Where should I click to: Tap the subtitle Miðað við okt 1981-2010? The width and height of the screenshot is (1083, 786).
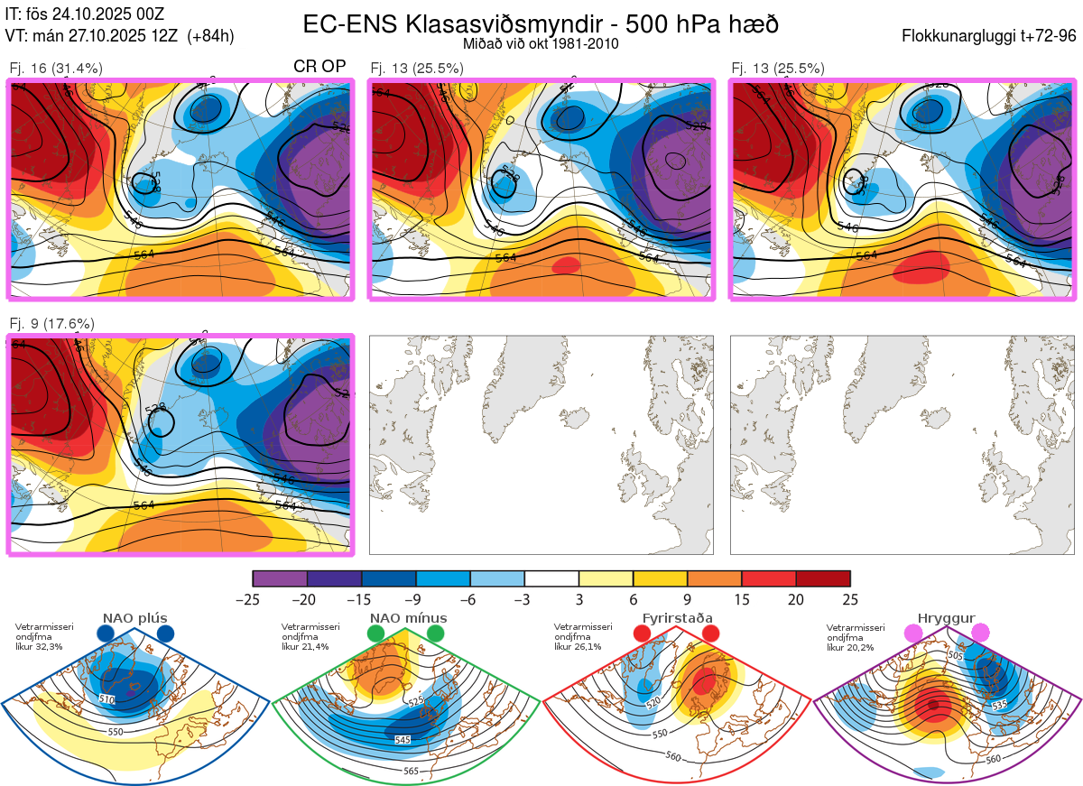541,43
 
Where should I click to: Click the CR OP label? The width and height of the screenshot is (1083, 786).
320,67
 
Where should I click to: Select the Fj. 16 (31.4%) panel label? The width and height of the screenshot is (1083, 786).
56,68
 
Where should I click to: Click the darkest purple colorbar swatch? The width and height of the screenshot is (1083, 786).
280,578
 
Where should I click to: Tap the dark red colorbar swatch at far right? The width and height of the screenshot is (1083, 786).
823,578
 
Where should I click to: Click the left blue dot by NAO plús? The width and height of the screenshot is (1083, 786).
106,634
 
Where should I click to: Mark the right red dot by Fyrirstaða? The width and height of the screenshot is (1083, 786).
710,634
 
